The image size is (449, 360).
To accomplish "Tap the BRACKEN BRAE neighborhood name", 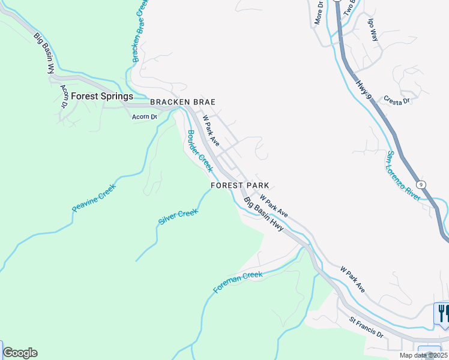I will tap(182, 103).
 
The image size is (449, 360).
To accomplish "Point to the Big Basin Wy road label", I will tap(43, 53).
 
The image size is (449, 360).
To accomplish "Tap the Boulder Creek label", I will tap(200, 151).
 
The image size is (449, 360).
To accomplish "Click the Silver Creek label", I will tap(178, 217).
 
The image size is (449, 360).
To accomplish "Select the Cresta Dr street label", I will tap(397, 101).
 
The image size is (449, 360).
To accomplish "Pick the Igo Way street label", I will tap(373, 28).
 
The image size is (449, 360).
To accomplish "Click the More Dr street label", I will tap(319, 13).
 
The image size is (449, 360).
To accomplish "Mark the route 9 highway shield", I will tap(422, 185).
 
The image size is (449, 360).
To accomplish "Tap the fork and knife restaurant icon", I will tap(442, 313).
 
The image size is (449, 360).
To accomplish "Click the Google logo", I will tap(20, 353).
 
